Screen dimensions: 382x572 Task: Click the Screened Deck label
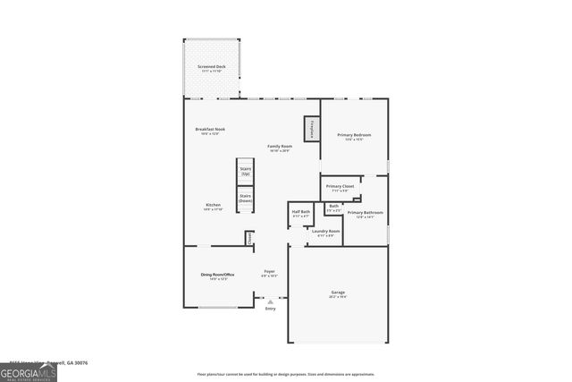213,68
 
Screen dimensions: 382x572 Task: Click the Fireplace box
311,129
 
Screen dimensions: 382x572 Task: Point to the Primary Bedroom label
354,136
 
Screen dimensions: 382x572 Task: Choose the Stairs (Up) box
245,171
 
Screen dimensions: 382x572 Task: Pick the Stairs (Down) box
245,199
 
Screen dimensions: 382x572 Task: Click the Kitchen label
213,207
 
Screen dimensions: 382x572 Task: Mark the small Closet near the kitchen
249,238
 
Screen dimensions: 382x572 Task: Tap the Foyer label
269,272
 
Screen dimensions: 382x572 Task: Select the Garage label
338,293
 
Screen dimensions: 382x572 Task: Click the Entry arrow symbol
270,302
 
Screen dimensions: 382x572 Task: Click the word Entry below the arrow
270,310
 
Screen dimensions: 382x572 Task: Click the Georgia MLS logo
29,371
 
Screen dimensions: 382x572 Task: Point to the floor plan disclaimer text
285,375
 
